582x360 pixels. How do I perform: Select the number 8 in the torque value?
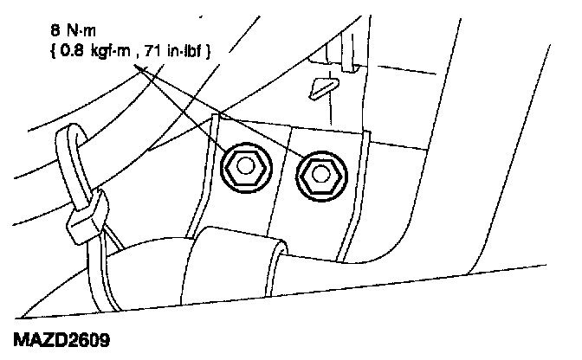pos(55,35)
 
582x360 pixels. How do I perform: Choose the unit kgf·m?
pos(109,53)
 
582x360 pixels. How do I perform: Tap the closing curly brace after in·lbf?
pos(211,53)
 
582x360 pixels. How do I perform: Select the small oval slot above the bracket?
pos(321,86)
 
